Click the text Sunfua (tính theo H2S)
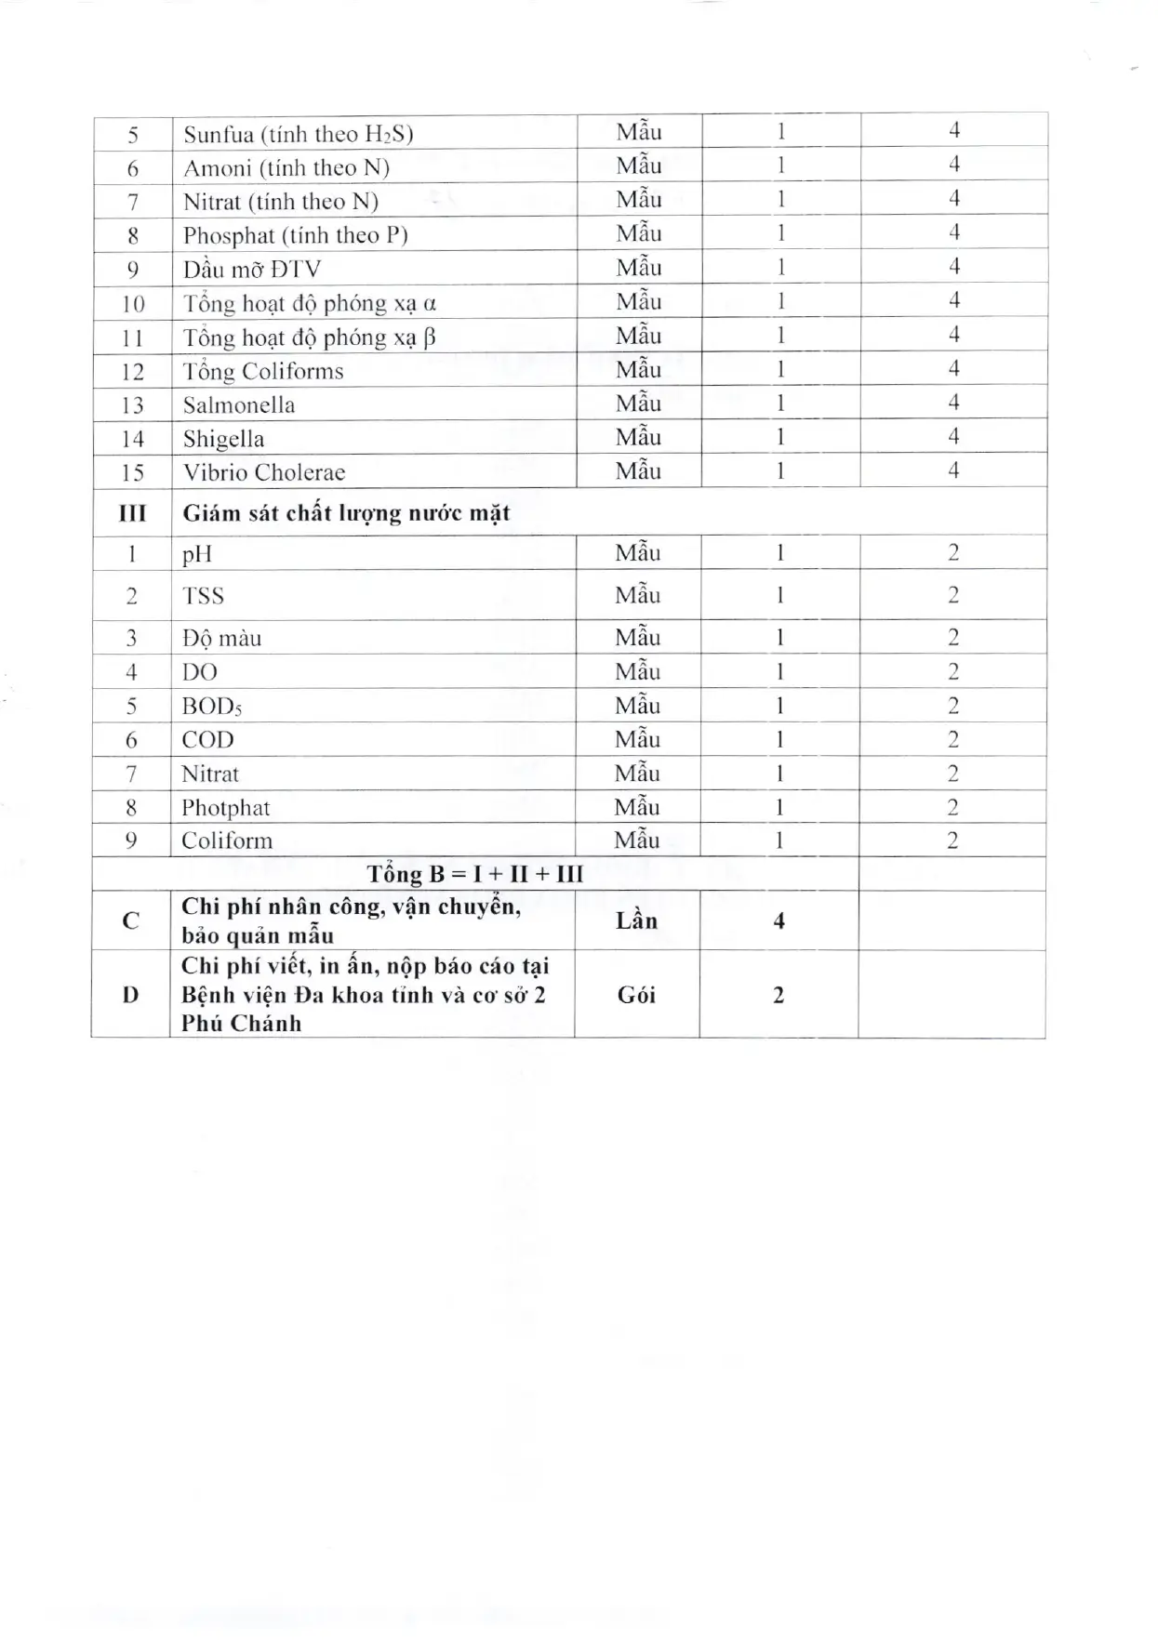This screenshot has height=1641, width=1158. [x=298, y=135]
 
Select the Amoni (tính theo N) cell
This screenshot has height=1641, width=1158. [x=286, y=168]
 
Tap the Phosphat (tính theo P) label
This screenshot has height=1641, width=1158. [x=295, y=236]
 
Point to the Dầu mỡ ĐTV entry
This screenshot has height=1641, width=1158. [x=251, y=270]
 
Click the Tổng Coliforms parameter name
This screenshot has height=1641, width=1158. [x=263, y=372]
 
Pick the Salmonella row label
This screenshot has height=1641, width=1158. [x=239, y=405]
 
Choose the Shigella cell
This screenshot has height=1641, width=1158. [x=223, y=439]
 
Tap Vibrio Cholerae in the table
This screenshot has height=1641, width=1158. [x=264, y=472]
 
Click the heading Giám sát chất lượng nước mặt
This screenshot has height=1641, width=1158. [x=346, y=513]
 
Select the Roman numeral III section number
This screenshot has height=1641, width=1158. [x=132, y=513]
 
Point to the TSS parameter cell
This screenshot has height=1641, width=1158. [x=203, y=596]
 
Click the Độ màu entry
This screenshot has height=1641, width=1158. [x=221, y=639]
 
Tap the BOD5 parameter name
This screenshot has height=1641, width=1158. [x=212, y=707]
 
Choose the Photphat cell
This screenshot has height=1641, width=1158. [x=225, y=808]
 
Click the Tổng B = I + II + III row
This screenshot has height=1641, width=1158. [x=474, y=874]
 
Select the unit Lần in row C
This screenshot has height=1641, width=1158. [x=636, y=920]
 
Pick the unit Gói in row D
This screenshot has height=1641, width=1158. [x=636, y=995]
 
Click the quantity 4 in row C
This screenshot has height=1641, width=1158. [x=779, y=920]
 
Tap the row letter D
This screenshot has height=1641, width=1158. [x=130, y=995]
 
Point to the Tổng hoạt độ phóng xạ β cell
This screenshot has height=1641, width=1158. [x=309, y=337]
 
